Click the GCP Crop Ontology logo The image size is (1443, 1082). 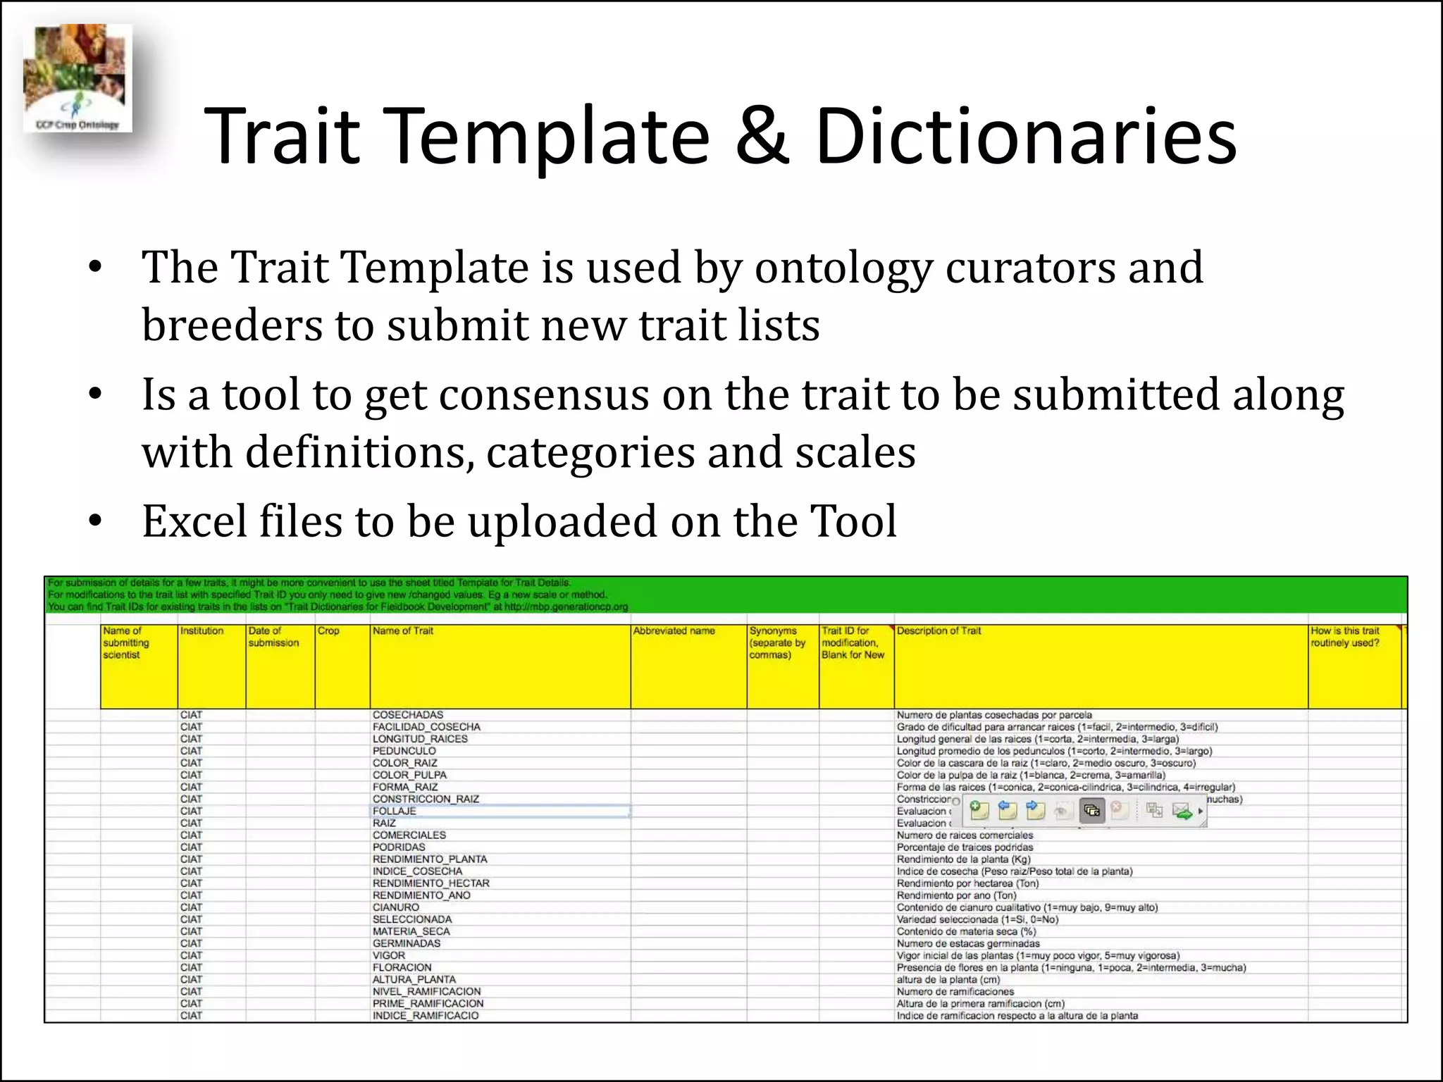pyautogui.click(x=77, y=79)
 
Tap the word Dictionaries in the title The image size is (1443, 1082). pyautogui.click(x=1025, y=135)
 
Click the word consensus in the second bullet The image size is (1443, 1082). pyautogui.click(x=543, y=394)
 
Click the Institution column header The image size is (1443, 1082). pyautogui.click(x=202, y=631)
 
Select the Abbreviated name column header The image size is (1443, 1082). pyautogui.click(x=674, y=631)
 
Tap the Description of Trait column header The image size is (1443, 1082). pyautogui.click(x=939, y=631)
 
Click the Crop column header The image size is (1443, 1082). pyautogui.click(x=328, y=631)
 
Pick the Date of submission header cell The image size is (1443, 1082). pyautogui.click(x=273, y=637)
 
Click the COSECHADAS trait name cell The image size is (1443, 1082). pyautogui.click(x=408, y=715)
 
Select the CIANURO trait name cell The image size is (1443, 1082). pyautogui.click(x=396, y=907)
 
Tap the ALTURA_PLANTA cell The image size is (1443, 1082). pyautogui.click(x=414, y=979)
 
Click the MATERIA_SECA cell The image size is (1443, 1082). pyautogui.click(x=411, y=931)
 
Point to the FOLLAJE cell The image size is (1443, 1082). pyautogui.click(x=395, y=811)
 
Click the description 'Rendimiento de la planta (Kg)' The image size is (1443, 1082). pyautogui.click(x=963, y=859)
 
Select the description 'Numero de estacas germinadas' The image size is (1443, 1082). pyautogui.click(x=968, y=943)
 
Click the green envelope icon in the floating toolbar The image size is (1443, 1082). pyautogui.click(x=1182, y=811)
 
